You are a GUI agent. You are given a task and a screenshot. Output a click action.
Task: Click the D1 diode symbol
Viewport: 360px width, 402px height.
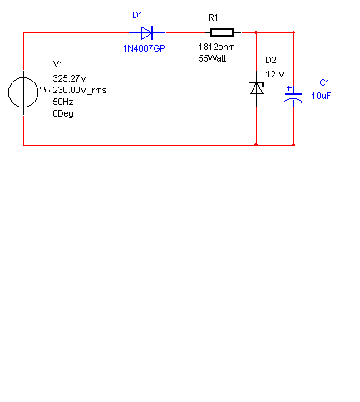point(147,33)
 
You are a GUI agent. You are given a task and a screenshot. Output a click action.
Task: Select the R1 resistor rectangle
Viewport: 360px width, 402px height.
point(222,32)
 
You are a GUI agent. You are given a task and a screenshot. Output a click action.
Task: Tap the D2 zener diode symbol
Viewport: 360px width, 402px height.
point(256,88)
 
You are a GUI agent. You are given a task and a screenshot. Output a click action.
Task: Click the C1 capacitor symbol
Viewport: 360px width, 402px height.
point(293,97)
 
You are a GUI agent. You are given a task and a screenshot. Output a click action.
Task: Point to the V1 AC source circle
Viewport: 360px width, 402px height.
point(23,92)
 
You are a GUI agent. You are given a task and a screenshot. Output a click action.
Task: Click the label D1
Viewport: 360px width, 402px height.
point(137,15)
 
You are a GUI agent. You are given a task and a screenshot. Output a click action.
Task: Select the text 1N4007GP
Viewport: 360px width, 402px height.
point(144,48)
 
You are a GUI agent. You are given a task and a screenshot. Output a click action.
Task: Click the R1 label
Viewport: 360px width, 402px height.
point(213,17)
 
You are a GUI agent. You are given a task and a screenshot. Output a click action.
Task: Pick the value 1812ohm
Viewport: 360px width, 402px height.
point(216,47)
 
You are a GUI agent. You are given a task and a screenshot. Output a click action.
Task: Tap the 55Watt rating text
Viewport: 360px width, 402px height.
point(212,58)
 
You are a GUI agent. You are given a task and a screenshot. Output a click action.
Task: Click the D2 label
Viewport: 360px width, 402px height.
point(271,60)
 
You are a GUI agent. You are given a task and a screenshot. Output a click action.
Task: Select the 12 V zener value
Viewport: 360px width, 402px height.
point(274,74)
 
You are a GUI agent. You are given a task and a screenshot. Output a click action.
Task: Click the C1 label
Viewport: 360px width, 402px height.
point(324,82)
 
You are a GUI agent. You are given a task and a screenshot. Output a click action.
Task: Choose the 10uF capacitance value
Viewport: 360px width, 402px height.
point(321,96)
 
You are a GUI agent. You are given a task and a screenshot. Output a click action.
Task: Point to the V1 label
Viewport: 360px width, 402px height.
point(58,64)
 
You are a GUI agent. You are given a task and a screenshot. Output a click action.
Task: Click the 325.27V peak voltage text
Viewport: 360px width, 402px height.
point(70,78)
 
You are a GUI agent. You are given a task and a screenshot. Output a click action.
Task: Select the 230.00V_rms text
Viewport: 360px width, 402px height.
point(80,90)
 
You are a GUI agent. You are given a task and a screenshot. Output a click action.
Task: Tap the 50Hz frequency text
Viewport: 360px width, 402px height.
point(63,102)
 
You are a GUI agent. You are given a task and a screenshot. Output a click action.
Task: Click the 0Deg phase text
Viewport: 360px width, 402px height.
point(63,114)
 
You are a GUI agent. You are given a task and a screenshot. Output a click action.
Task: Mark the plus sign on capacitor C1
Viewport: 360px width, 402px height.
point(288,88)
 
